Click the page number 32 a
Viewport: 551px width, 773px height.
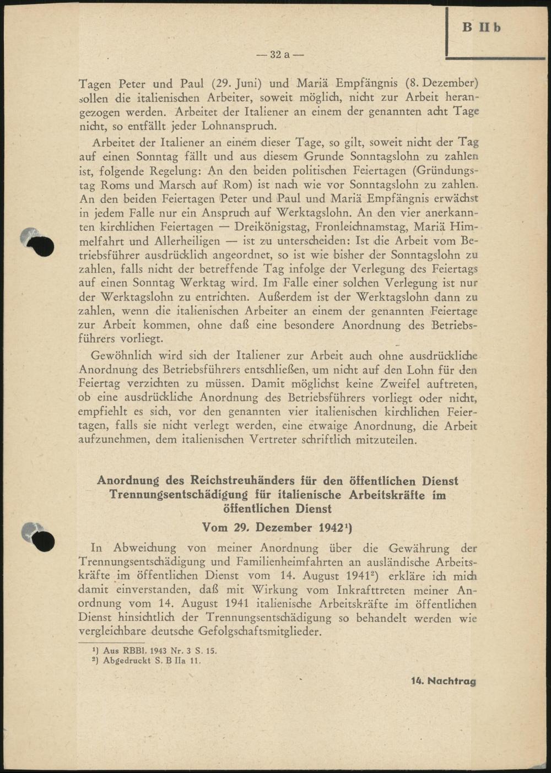tap(280, 55)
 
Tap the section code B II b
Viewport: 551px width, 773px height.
tap(481, 27)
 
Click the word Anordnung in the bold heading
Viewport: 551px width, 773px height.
tap(128, 480)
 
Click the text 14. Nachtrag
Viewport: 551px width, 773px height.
tap(443, 681)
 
